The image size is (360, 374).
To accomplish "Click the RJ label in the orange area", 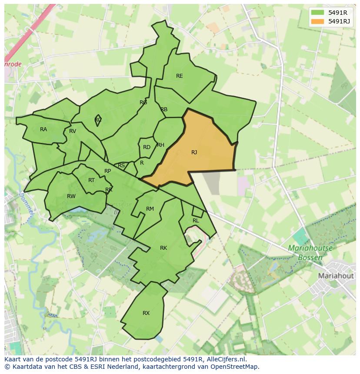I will pyautogui.click(x=194, y=152).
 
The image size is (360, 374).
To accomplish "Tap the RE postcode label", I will pyautogui.click(x=179, y=76).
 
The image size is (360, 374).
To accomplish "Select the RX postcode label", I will pyautogui.click(x=146, y=313).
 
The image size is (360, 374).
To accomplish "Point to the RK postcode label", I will pyautogui.click(x=163, y=248).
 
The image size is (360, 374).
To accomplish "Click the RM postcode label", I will pyautogui.click(x=150, y=209).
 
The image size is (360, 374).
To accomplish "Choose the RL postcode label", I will pyautogui.click(x=196, y=221).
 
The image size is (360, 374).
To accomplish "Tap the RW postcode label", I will pyautogui.click(x=71, y=196).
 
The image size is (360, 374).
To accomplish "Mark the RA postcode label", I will pyautogui.click(x=43, y=129).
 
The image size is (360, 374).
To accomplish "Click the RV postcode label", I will pyautogui.click(x=73, y=131).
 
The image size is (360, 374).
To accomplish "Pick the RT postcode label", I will pyautogui.click(x=91, y=180).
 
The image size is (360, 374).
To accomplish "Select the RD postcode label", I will pyautogui.click(x=147, y=147).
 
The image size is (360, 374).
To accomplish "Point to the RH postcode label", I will pyautogui.click(x=160, y=145).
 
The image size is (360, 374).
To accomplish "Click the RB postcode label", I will pyautogui.click(x=164, y=109).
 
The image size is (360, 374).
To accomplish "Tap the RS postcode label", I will pyautogui.click(x=121, y=165).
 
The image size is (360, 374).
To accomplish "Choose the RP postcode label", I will pyautogui.click(x=108, y=171).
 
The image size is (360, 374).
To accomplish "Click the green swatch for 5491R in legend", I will pyautogui.click(x=318, y=13).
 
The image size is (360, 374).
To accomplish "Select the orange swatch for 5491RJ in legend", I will pyautogui.click(x=318, y=21).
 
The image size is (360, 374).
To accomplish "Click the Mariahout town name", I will pyautogui.click(x=336, y=276).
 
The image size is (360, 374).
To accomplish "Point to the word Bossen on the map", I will pyautogui.click(x=310, y=258).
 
